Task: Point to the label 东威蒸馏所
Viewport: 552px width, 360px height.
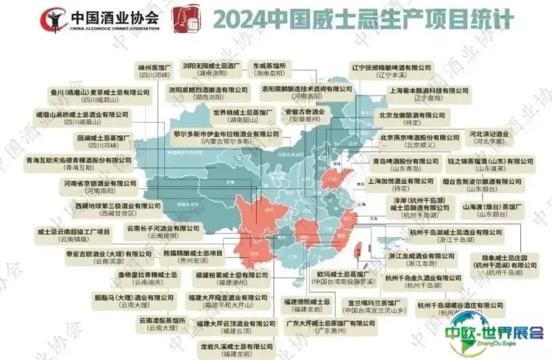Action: coord(268,68)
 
